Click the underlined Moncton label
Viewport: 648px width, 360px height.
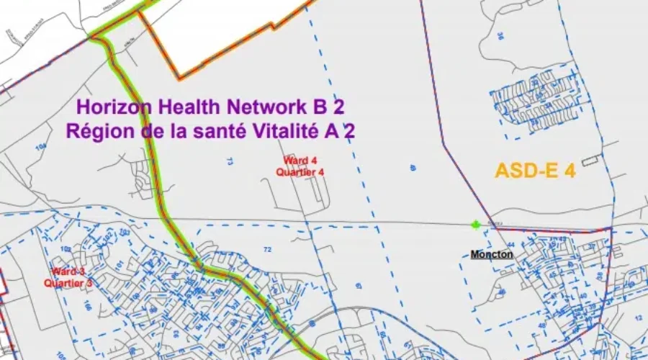pyautogui.click(x=492, y=254)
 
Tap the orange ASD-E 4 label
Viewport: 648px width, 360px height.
pyautogui.click(x=534, y=171)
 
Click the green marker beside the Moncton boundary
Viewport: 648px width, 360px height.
pyautogui.click(x=475, y=225)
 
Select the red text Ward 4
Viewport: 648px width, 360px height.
pyautogui.click(x=295, y=161)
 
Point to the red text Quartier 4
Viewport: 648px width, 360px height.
pyautogui.click(x=295, y=171)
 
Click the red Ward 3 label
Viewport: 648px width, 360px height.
pyautogui.click(x=68, y=272)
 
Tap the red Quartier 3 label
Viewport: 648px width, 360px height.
pyautogui.click(x=68, y=283)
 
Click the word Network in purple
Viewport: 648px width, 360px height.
pyautogui.click(x=266, y=107)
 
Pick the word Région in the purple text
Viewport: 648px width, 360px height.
pyautogui.click(x=96, y=131)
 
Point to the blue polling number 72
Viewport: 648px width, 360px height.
pyautogui.click(x=268, y=249)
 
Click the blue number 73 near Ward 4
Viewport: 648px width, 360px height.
pyautogui.click(x=230, y=162)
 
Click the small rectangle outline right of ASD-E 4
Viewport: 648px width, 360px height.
pyautogui.click(x=590, y=160)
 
